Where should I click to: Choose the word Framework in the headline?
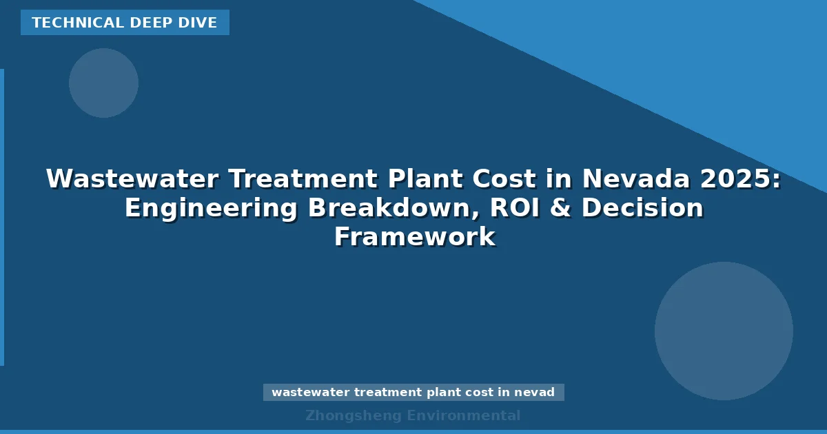(x=414, y=237)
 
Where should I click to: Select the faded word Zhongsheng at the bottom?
(x=353, y=415)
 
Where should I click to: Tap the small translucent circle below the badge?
(x=103, y=83)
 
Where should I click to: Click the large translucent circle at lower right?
(x=724, y=331)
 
